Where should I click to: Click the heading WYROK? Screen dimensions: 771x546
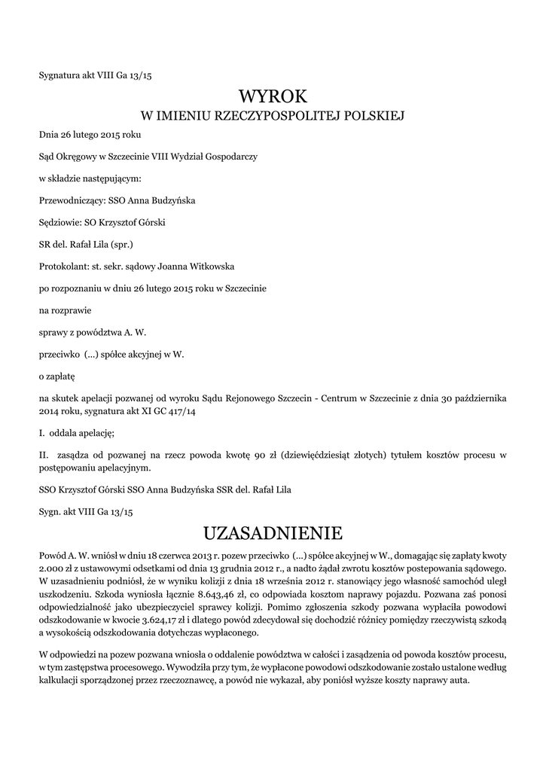(273, 96)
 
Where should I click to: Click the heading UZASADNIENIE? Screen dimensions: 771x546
(273, 533)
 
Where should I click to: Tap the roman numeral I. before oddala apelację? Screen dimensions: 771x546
(41, 433)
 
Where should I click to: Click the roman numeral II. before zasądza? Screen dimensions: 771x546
(43, 456)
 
